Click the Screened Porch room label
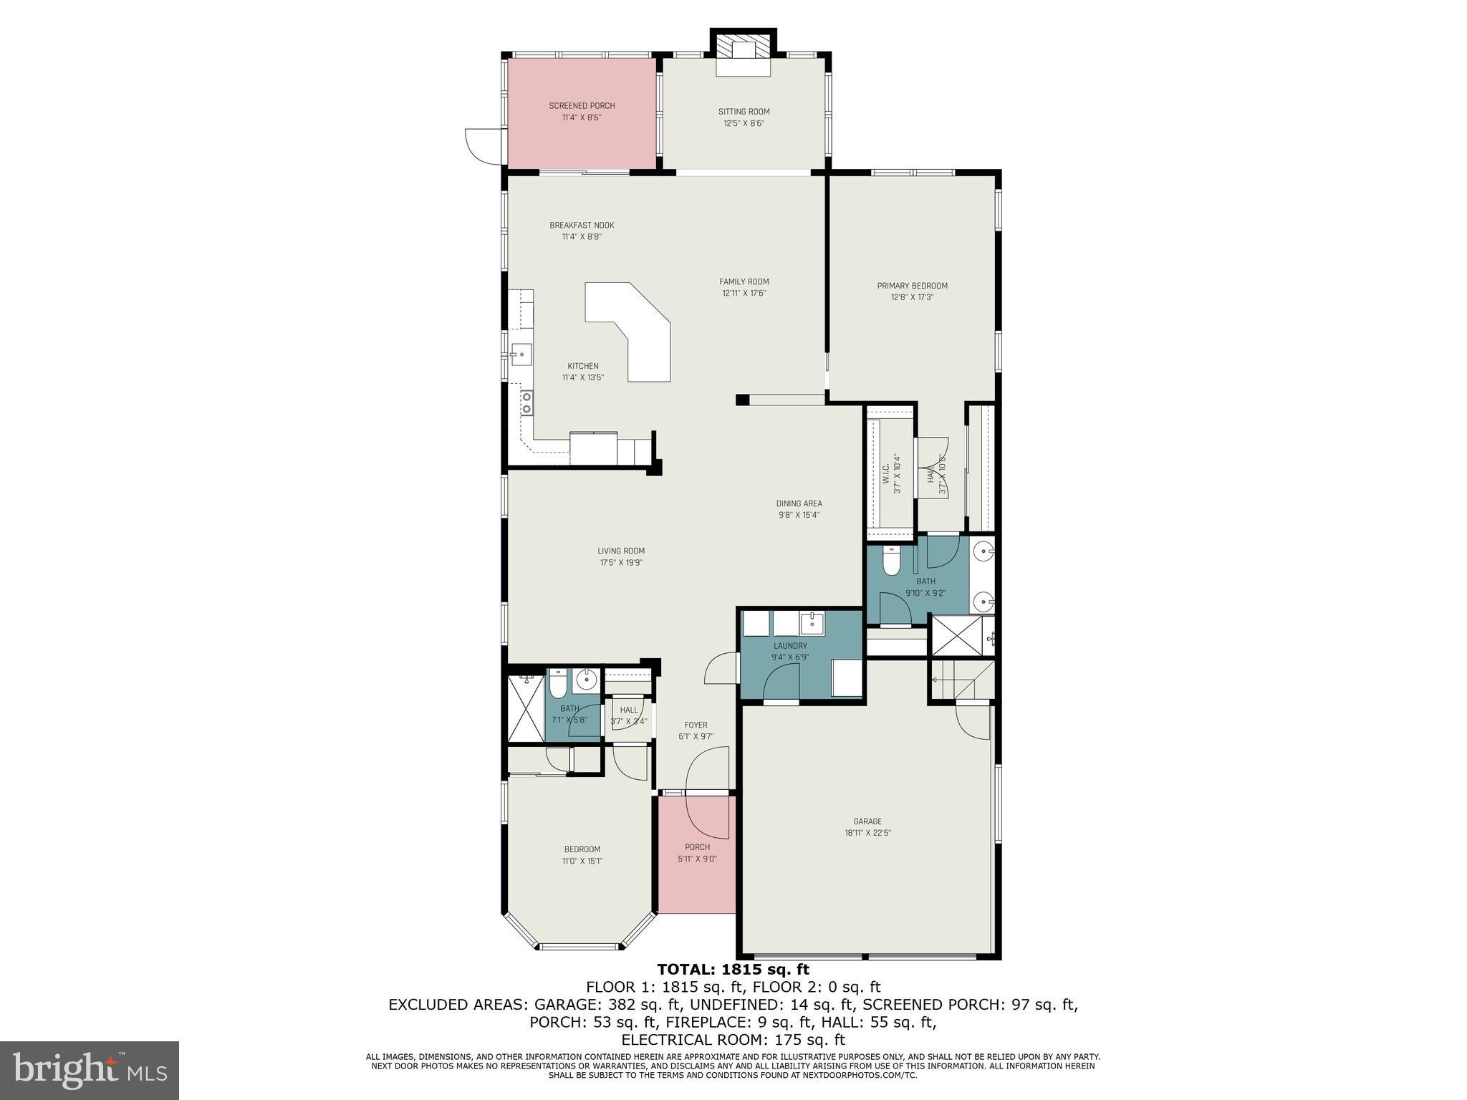[x=582, y=106]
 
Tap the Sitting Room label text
[x=744, y=112]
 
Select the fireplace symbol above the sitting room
[x=744, y=50]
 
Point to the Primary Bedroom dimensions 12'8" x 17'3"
[x=912, y=297]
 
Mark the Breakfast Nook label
[x=582, y=226]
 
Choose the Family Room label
[x=744, y=281]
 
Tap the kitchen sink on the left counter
[x=521, y=354]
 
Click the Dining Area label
[x=799, y=503]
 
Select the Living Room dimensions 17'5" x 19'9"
[x=621, y=563]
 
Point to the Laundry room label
[x=789, y=646]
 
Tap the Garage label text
[x=867, y=821]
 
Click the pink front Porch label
[x=697, y=847]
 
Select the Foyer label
[x=696, y=725]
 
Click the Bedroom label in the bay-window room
[x=582, y=849]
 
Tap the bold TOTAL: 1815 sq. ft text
[x=733, y=970]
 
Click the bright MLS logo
[x=90, y=1071]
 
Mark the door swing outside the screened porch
[x=481, y=145]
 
